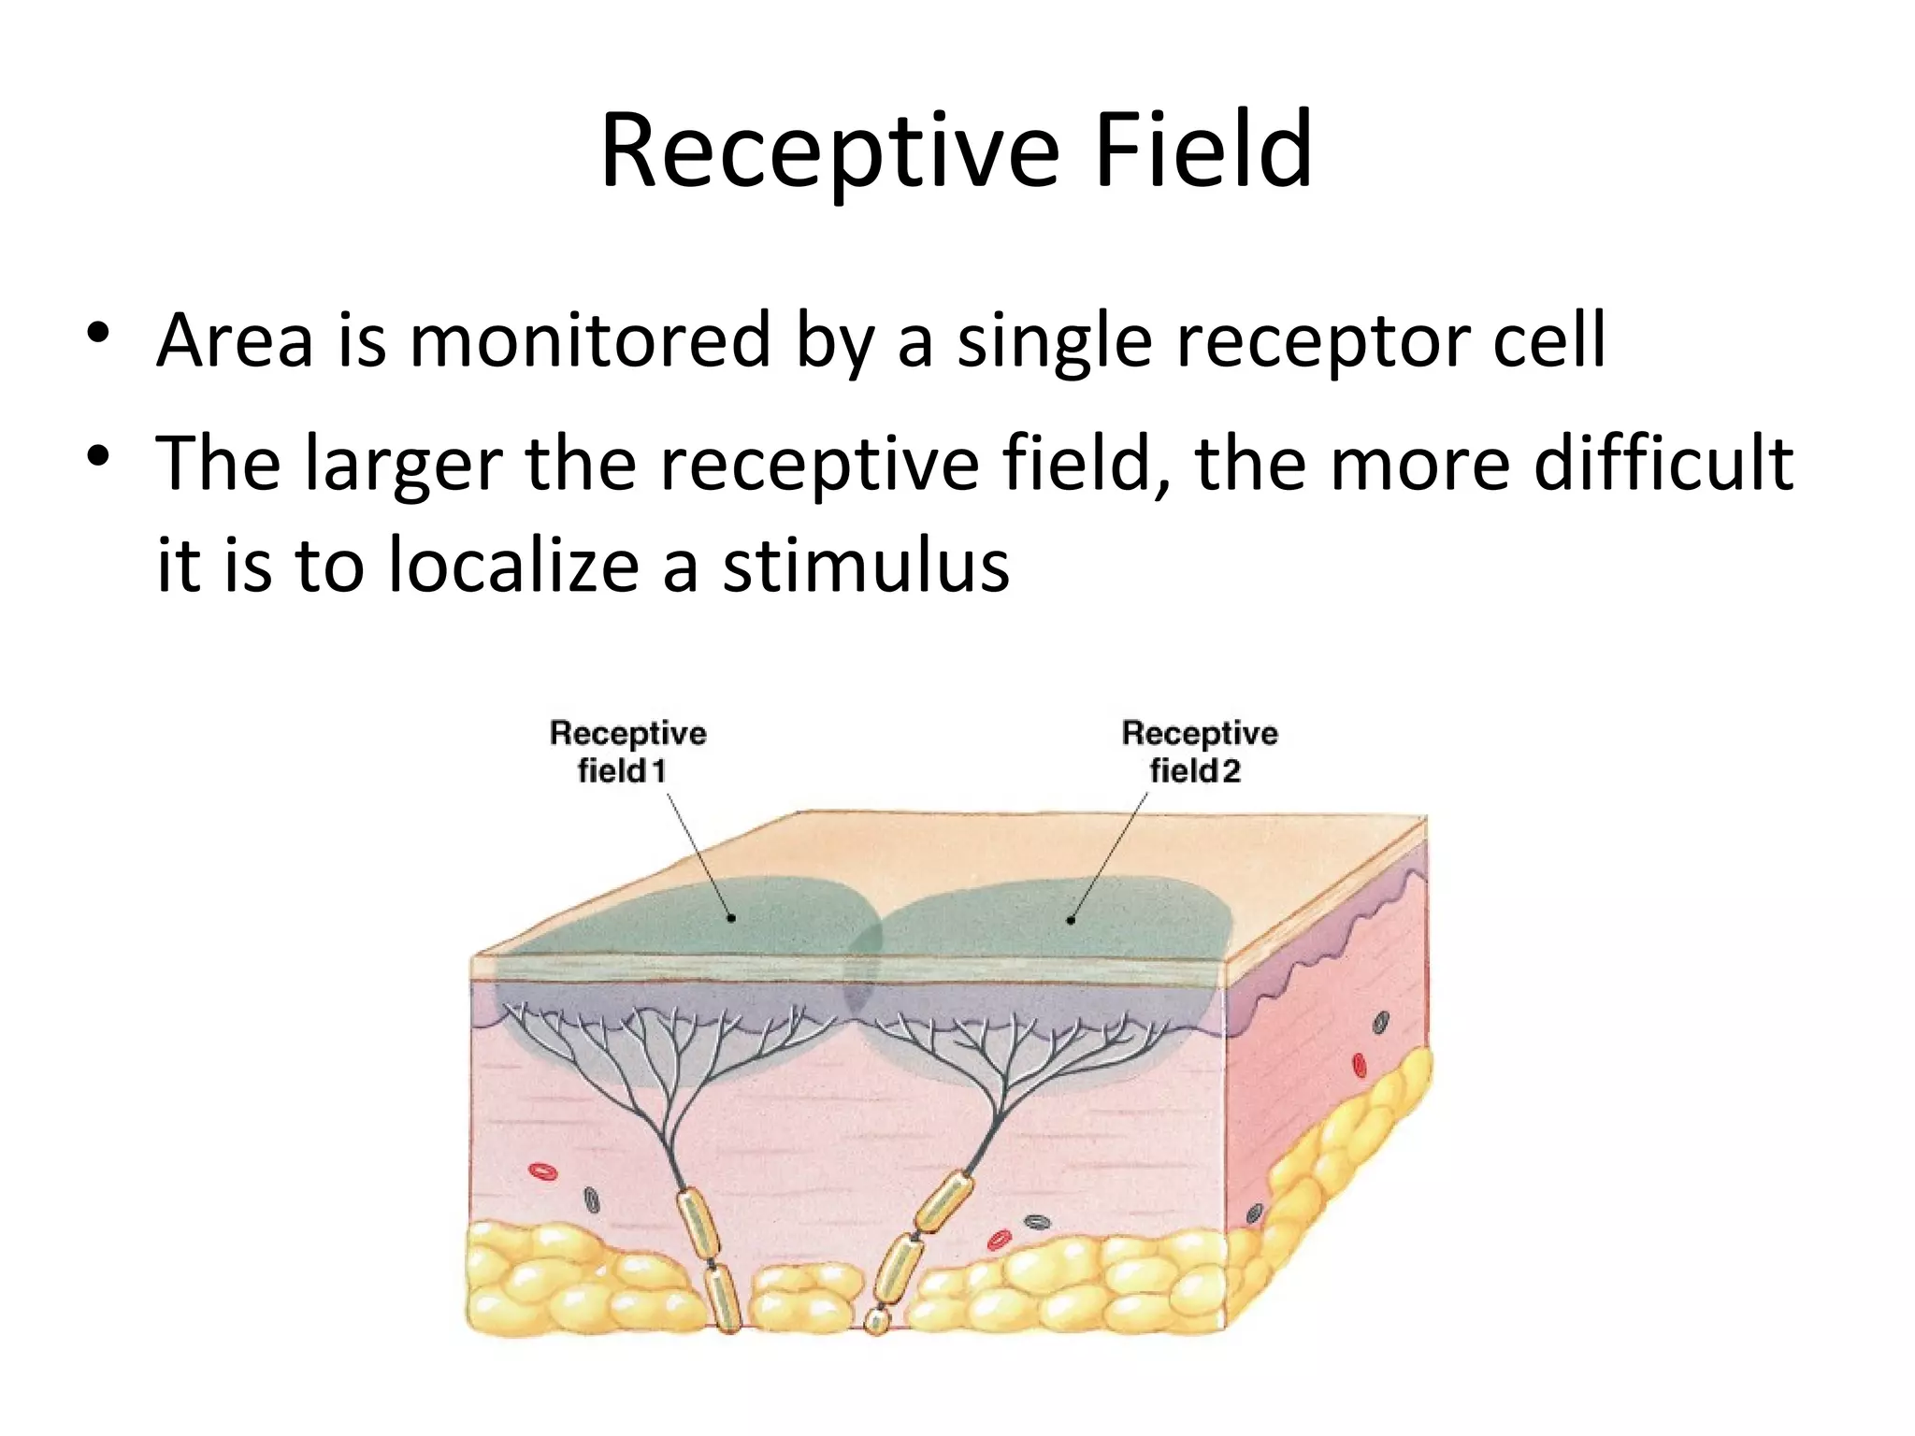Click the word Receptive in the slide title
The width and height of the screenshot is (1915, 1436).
tap(830, 151)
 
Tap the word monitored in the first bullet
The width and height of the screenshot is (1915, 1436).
tap(589, 340)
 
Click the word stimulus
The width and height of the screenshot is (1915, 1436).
tap(866, 565)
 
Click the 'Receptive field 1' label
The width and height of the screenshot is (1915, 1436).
tap(627, 751)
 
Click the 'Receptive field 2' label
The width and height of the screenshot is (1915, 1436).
tap(1199, 751)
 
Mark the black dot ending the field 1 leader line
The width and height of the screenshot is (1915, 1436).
tap(731, 918)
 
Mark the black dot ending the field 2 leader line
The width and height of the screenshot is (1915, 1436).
tap(1071, 920)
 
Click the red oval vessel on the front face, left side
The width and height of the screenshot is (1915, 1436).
tap(541, 1170)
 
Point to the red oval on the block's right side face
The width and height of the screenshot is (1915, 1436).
tap(1360, 1065)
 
